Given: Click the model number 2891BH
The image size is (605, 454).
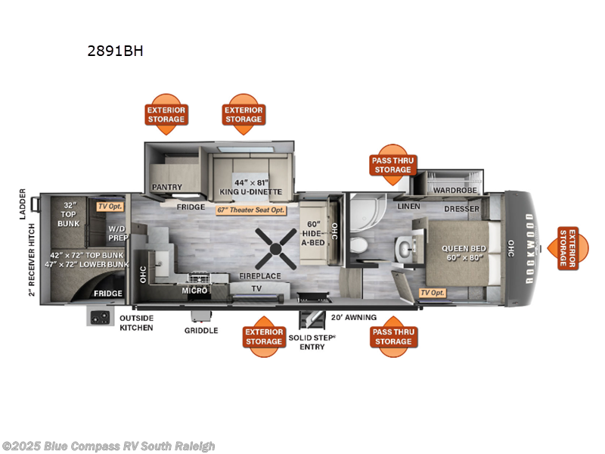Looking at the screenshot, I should [x=114, y=51].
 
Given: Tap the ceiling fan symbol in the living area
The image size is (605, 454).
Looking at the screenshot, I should [x=274, y=247].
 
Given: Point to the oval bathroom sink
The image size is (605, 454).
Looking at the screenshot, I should [x=405, y=247].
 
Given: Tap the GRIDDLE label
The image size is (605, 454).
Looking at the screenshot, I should [x=201, y=330].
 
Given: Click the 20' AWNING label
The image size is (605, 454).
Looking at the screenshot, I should [x=352, y=318].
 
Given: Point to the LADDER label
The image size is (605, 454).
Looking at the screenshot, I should [x=23, y=204].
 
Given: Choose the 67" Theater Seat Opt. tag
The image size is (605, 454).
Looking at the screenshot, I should [x=252, y=210].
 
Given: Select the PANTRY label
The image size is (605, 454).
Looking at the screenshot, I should [x=167, y=186].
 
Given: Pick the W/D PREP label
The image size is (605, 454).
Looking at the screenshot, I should [x=116, y=232].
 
